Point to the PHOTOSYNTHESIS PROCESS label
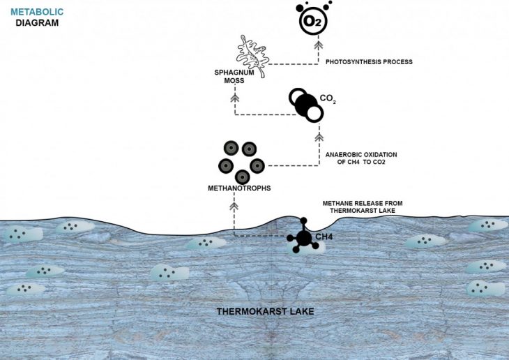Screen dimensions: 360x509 (369, 62)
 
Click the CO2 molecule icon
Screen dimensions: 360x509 (307, 105)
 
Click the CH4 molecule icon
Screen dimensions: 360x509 (303, 237)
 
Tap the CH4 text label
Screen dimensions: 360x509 (324, 237)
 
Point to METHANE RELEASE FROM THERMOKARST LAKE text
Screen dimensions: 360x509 (363, 207)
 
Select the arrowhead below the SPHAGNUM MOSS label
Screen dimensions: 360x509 (234, 98)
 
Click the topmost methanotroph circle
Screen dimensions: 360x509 (231, 148)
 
